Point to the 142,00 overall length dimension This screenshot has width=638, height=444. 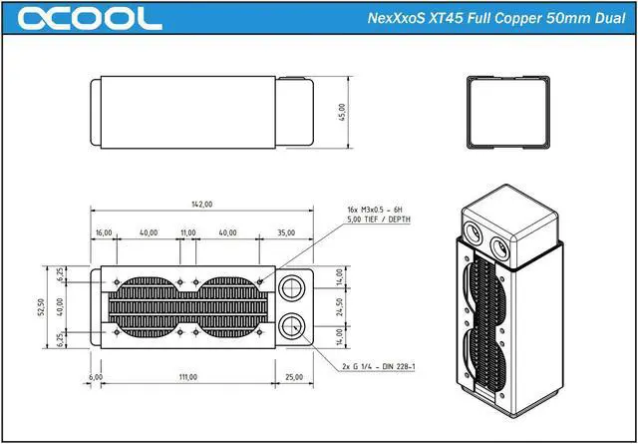click(201, 205)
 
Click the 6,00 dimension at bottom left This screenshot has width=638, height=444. click(96, 377)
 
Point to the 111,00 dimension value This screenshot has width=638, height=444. click(187, 377)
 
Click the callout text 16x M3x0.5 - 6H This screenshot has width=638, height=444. click(376, 210)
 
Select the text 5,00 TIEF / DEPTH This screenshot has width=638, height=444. click(378, 220)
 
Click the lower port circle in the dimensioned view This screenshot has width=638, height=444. click(291, 325)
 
